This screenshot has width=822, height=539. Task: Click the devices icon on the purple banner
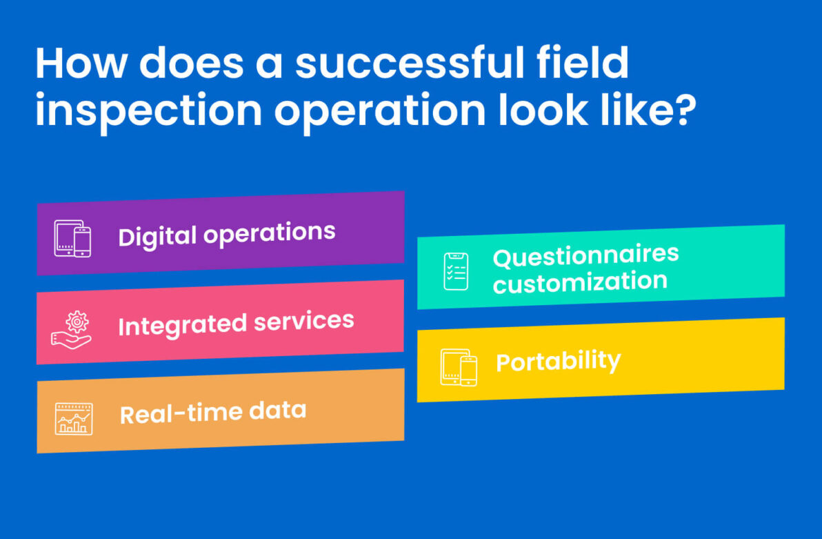click(72, 238)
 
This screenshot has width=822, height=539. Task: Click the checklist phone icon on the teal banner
click(455, 271)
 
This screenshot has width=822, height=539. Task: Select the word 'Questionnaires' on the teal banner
click(585, 256)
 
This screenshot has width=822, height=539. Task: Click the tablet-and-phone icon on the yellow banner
click(459, 367)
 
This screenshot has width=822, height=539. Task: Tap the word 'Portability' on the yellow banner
click(558, 362)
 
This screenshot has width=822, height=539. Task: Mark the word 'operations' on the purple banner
click(270, 233)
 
